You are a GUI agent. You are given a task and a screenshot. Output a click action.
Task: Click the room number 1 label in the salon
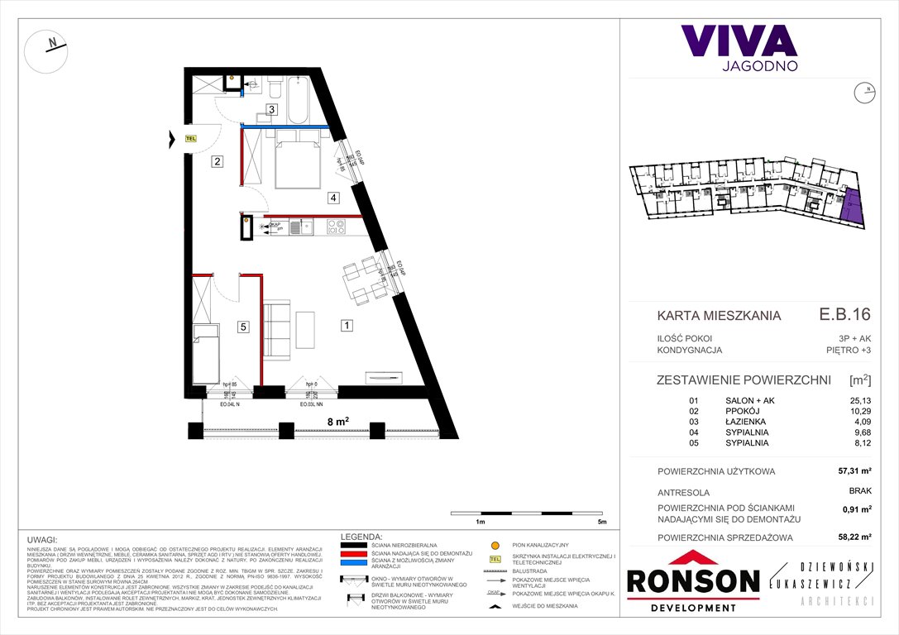point(347,326)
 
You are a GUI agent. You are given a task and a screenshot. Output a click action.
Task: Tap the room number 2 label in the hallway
point(217,162)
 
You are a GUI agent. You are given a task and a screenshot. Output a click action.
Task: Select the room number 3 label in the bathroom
point(270,109)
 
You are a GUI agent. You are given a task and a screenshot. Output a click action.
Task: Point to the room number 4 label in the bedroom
point(332,198)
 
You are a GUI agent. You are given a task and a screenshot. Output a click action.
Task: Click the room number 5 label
point(243,327)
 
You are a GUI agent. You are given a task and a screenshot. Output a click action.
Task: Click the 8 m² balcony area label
point(337,421)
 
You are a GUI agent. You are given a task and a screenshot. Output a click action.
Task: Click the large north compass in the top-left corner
point(47,50)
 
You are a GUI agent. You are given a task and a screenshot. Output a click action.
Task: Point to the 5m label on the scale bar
point(601,523)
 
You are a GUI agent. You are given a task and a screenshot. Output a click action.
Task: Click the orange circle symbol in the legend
point(496,546)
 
